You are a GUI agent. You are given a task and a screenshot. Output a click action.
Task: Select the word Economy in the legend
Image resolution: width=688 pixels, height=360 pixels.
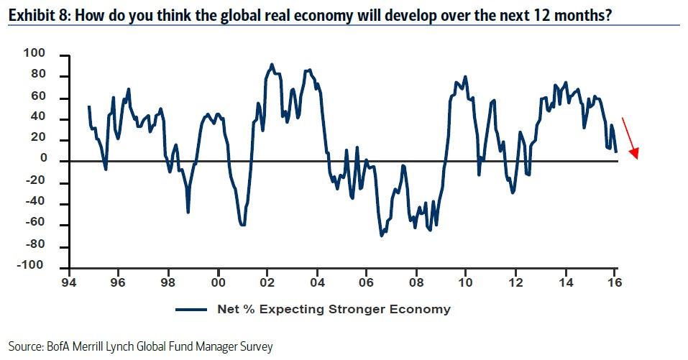pyautogui.click(x=421, y=310)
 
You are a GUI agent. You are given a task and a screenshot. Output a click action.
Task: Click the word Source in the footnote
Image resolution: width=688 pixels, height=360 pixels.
pyautogui.click(x=24, y=346)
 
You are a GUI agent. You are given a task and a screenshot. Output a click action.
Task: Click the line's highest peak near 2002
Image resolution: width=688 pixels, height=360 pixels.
pyautogui.click(x=271, y=64)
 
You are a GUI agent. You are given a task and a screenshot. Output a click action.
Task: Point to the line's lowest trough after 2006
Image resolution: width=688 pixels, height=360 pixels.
pyautogui.click(x=381, y=236)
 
